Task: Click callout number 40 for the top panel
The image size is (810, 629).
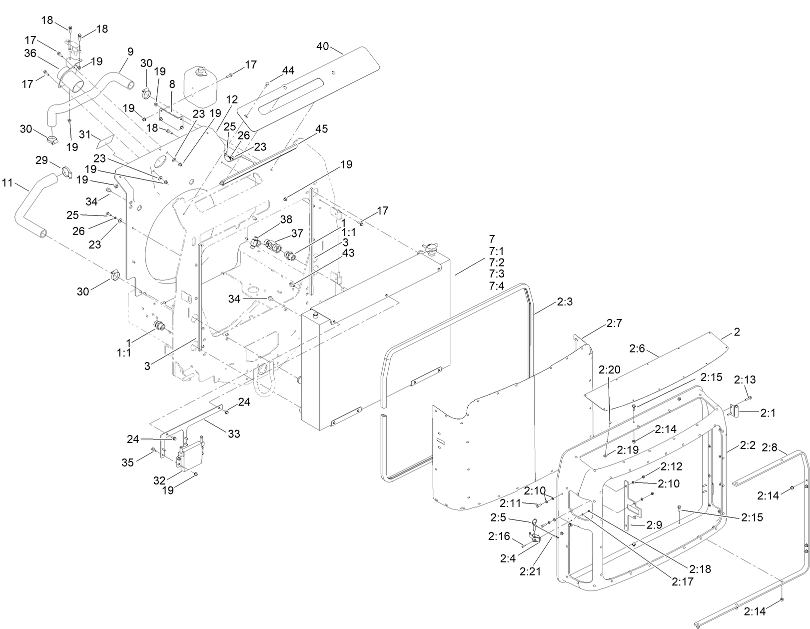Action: click(x=322, y=46)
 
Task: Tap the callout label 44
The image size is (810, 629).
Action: click(x=288, y=70)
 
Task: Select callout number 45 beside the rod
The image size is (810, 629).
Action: click(x=322, y=129)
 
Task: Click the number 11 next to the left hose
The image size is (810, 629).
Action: click(x=7, y=183)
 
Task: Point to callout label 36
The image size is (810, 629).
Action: click(x=30, y=53)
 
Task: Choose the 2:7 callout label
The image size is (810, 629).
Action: click(x=614, y=324)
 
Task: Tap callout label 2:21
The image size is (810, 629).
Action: click(x=530, y=571)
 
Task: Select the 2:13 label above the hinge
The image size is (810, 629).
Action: click(x=745, y=380)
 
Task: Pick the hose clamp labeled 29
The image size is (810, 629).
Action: click(x=67, y=172)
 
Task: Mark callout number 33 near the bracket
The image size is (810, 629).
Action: click(x=234, y=434)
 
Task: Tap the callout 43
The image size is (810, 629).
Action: click(x=348, y=253)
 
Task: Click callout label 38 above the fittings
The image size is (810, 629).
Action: click(x=286, y=219)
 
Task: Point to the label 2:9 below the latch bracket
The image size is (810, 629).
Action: click(x=655, y=525)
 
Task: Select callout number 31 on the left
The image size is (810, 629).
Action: click(x=85, y=134)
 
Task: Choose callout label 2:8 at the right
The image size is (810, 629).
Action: click(x=770, y=447)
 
